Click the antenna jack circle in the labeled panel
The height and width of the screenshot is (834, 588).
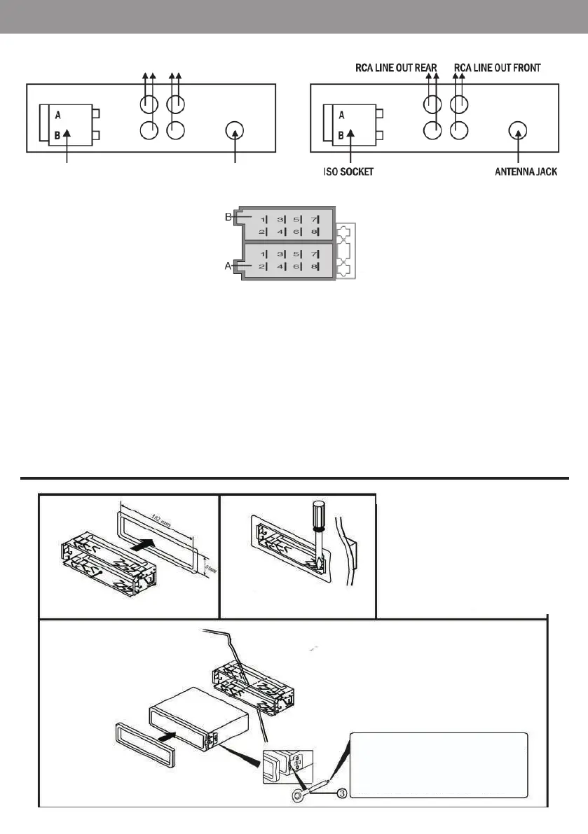click(x=518, y=131)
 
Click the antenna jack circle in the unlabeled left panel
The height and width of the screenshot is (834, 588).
click(x=235, y=131)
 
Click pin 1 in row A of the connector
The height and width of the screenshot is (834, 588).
click(x=263, y=253)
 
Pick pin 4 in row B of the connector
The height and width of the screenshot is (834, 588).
click(x=280, y=232)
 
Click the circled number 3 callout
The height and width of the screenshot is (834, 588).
click(x=341, y=793)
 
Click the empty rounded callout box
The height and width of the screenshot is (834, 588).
click(x=439, y=765)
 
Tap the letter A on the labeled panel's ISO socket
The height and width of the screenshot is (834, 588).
click(x=341, y=114)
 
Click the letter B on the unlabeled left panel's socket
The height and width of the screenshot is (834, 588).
click(x=57, y=136)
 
